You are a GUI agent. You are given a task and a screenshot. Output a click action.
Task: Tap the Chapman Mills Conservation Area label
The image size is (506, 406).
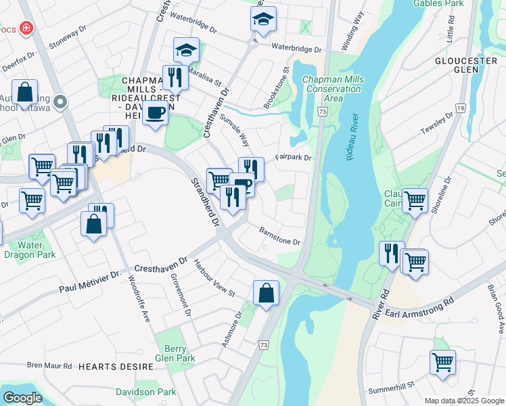pyautogui.click(x=333, y=89)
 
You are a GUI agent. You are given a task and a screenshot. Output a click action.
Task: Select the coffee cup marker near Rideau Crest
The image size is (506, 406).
pyautogui.click(x=155, y=113)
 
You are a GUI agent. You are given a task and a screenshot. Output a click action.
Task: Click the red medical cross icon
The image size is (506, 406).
pyautogui.click(x=26, y=28)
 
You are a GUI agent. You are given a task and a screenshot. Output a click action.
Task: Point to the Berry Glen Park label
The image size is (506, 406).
pyautogui.click(x=175, y=353)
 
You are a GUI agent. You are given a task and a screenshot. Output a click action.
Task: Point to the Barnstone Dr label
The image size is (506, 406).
pyautogui.click(x=279, y=237)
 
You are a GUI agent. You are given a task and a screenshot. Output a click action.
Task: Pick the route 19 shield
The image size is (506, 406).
pyautogui.click(x=459, y=108)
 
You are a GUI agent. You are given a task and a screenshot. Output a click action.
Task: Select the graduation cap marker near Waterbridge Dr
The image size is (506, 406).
pyautogui.click(x=263, y=20)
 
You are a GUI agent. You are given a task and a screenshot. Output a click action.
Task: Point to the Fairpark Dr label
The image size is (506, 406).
pyautogui.click(x=293, y=158)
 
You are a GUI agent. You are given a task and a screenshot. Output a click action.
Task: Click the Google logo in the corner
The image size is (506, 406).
pyautogui.click(x=22, y=398)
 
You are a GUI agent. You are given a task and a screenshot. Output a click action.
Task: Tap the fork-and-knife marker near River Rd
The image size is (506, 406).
pyautogui.click(x=392, y=254)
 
